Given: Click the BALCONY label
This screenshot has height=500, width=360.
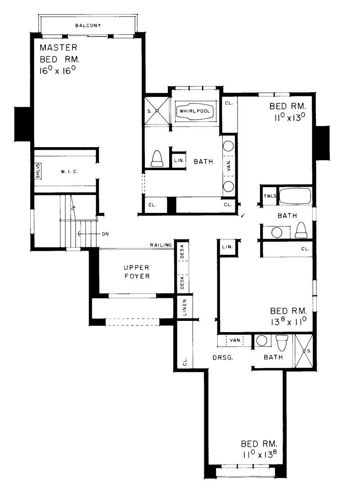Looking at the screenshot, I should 88,26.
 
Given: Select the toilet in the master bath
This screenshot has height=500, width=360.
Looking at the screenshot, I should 157,159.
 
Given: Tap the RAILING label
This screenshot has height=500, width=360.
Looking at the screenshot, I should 161,245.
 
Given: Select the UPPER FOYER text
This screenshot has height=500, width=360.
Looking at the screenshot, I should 136,272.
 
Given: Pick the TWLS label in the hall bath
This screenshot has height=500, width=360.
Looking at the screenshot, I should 270,196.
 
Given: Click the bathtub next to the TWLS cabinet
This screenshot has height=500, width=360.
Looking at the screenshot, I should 295,196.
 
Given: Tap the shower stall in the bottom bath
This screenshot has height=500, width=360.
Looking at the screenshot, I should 304,350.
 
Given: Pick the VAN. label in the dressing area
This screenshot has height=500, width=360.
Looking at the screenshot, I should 234,340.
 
